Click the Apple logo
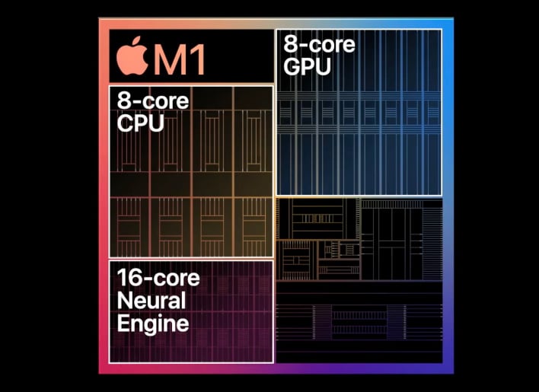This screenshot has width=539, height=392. point(132,56)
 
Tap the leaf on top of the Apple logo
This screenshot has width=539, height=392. point(137,40)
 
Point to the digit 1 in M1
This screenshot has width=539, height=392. point(198,59)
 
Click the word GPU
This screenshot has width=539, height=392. point(307,66)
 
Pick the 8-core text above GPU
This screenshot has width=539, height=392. point(319,45)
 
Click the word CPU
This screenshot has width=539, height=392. point(140,123)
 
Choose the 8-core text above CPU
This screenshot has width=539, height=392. point(153,101)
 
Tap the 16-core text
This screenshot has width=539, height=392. point(158,278)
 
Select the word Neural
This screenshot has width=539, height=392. point(151,301)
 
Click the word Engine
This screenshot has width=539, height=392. point(153,323)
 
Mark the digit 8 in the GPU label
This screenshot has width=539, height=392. point(289,45)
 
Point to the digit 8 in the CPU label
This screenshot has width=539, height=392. point(123,101)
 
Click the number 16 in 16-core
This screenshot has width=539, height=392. point(129,278)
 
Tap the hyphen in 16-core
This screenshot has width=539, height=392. point(148,279)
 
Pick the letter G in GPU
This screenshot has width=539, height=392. point(292,66)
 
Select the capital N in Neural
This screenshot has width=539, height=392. point(124,301)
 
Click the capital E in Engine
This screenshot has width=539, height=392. point(123,323)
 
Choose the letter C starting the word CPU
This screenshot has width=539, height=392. point(124,123)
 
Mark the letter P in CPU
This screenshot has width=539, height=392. point(141,123)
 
